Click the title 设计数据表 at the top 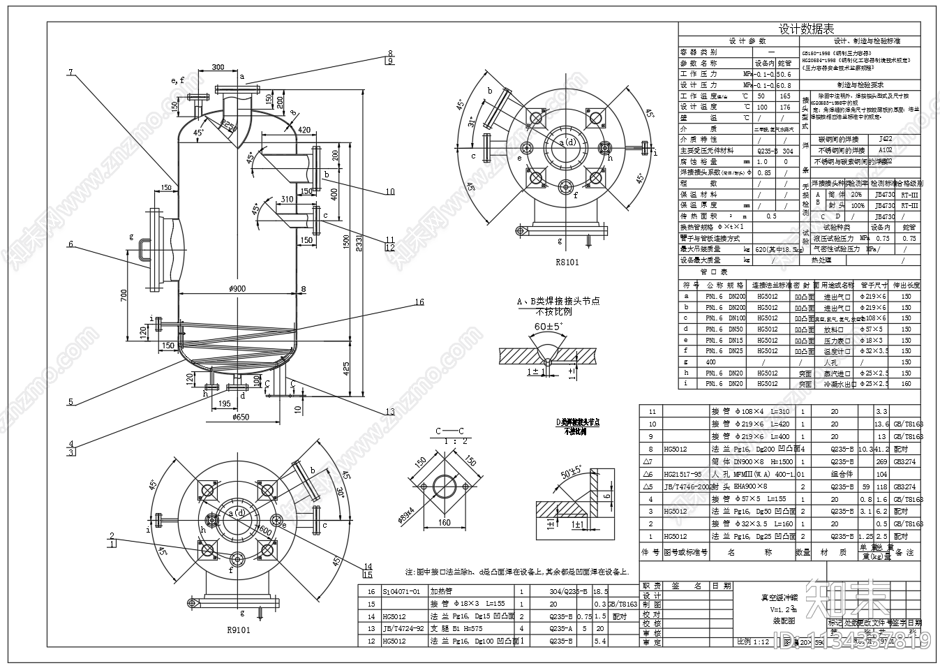click(806, 29)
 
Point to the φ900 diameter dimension click(237, 289)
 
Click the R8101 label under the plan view click(567, 262)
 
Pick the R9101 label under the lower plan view click(238, 629)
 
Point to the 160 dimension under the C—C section click(444, 522)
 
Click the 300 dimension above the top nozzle click(218, 67)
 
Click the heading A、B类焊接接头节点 click(558, 302)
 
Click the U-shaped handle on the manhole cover click(142, 250)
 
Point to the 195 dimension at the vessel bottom click(225, 404)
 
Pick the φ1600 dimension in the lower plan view click(264, 530)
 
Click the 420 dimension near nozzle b click(304, 130)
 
